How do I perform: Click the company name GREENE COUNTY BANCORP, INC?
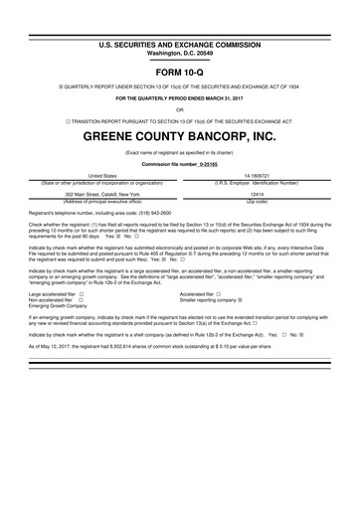[x=180, y=133]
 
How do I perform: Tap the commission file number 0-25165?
[x=207, y=162]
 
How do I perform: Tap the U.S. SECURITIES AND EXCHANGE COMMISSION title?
[x=180, y=17]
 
